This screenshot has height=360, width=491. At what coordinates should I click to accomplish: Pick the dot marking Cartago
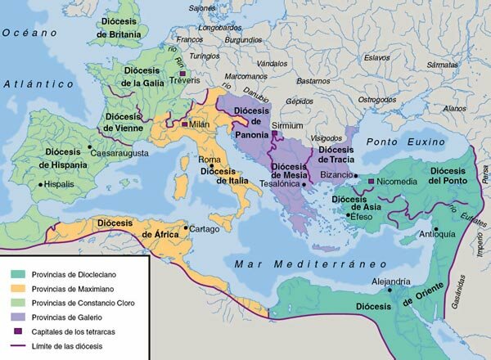tap(186, 228)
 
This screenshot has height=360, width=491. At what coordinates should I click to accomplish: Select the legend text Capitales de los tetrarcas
tap(82, 331)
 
